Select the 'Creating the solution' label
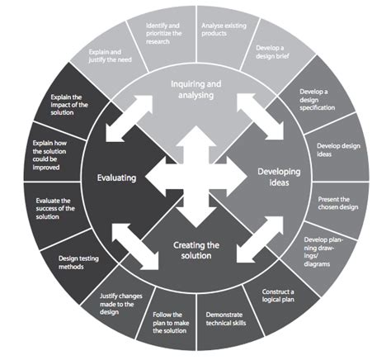[x=197, y=249]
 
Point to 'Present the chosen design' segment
[x=339, y=203]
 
